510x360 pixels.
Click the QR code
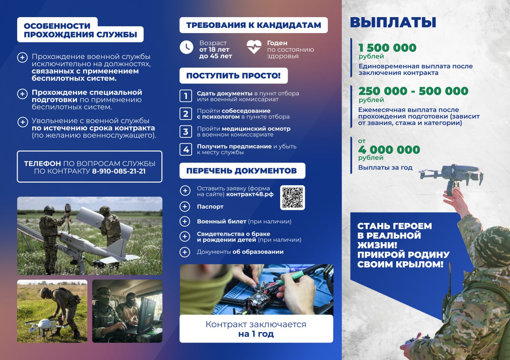292,198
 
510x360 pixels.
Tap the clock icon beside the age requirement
186,47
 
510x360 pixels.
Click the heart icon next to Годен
254,47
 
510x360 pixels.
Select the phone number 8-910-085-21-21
119,171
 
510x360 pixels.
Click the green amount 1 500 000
387,48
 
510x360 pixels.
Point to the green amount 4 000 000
389,150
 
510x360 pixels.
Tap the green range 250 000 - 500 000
413,91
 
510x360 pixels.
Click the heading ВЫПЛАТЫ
393,22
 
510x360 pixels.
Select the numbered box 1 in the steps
186,96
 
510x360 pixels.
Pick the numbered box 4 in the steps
186,149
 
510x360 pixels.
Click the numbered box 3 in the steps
186,132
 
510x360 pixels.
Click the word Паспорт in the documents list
210,207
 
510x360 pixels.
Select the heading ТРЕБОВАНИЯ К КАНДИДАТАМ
253,25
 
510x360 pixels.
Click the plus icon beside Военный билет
185,221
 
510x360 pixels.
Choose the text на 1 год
256,334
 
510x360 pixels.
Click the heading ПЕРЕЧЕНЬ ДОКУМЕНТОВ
241,171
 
